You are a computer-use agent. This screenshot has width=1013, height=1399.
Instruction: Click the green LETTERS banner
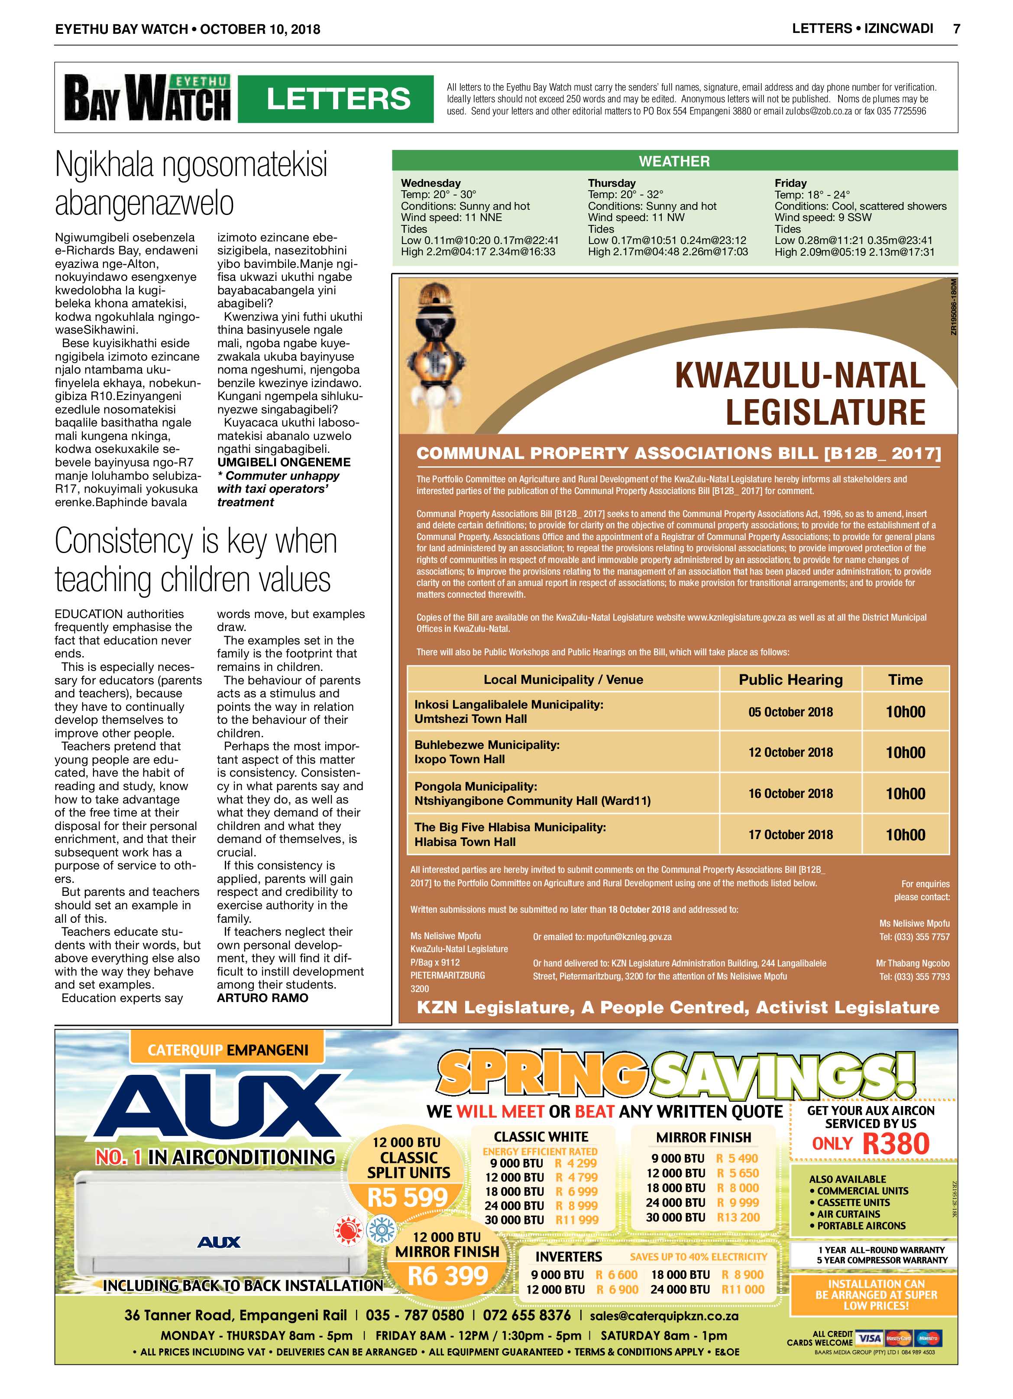coord(336,99)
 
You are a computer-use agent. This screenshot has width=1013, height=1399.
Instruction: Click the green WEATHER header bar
coord(674,161)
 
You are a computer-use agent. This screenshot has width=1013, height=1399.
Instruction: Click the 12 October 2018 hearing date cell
coord(790,752)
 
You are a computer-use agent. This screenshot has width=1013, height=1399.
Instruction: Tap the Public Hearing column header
coord(790,679)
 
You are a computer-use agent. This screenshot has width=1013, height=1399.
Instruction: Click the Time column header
coord(905,679)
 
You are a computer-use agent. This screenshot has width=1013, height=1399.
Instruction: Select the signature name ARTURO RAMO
coord(262,997)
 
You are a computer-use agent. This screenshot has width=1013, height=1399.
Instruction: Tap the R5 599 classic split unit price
coord(408,1197)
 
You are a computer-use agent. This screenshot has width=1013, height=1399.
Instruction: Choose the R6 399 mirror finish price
coord(448,1275)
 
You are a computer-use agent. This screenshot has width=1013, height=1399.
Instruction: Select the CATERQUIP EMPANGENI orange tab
coord(227,1050)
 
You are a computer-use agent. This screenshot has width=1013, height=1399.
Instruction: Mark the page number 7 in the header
coord(956,28)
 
